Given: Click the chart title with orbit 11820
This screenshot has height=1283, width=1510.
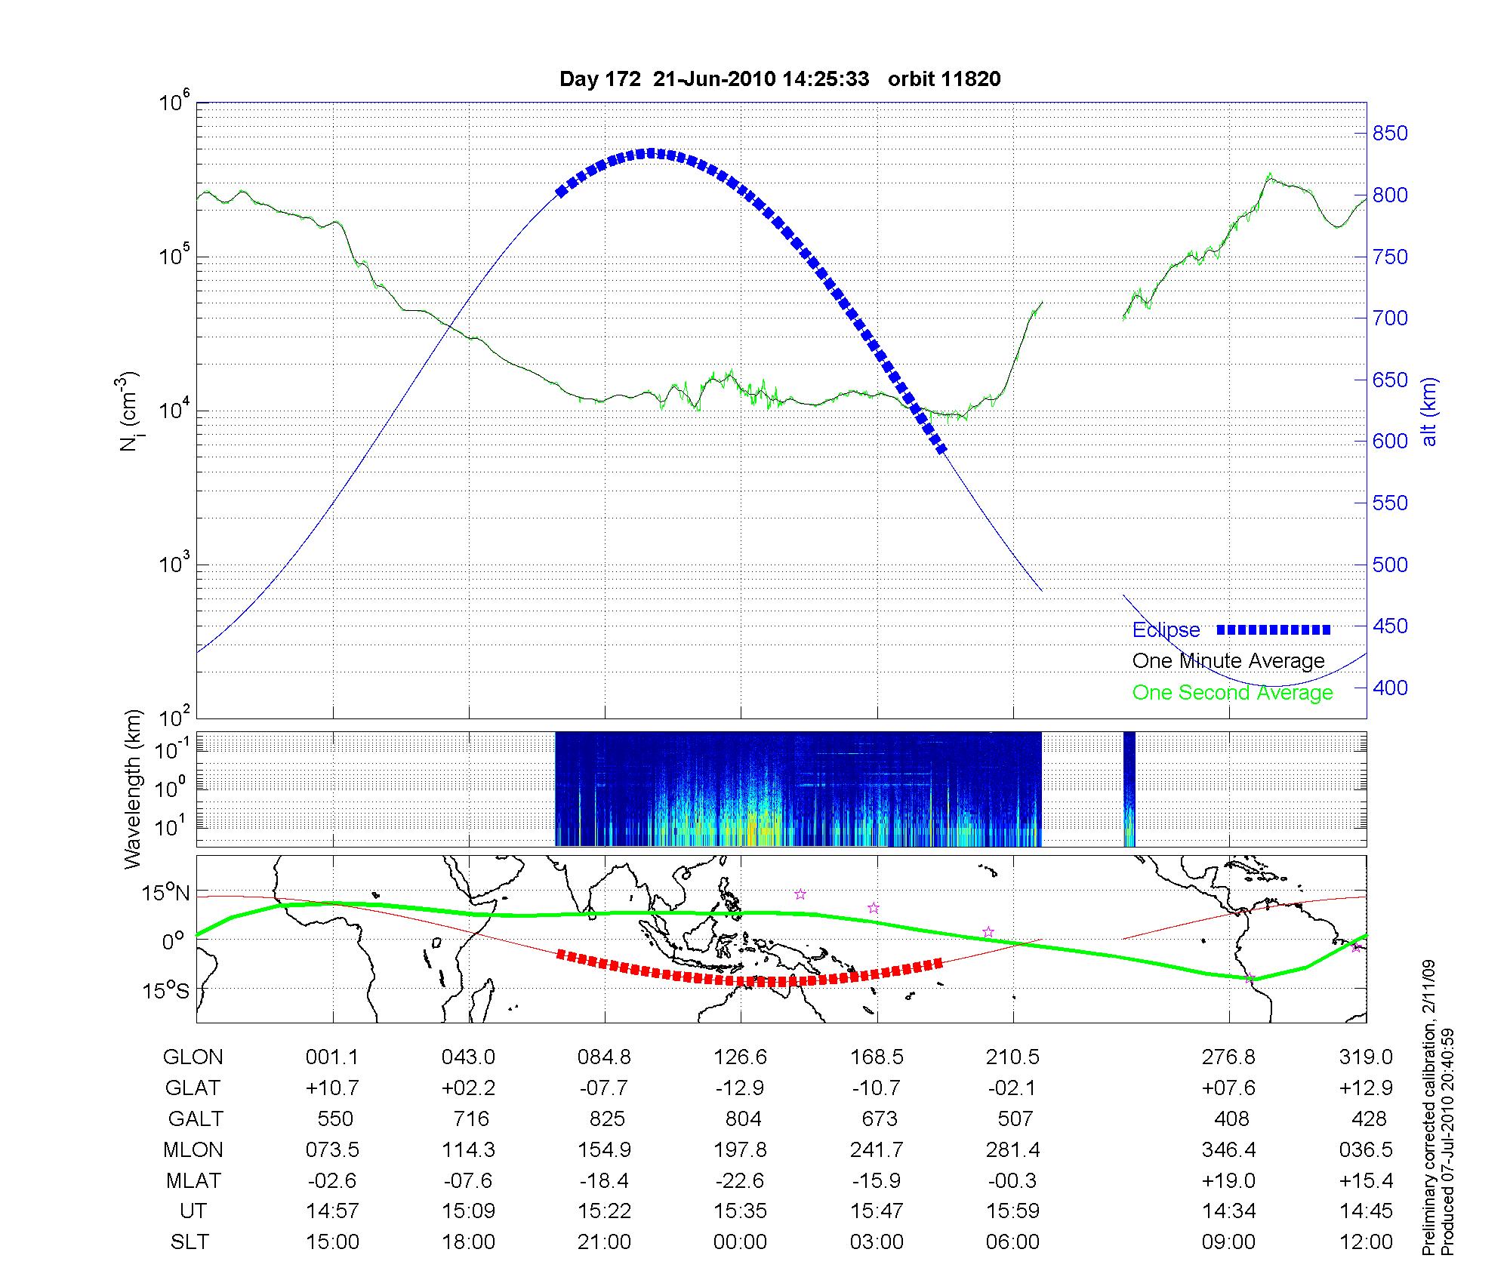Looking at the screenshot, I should click(x=780, y=79).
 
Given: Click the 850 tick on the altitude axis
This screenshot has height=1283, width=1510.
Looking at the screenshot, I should click(x=1389, y=134).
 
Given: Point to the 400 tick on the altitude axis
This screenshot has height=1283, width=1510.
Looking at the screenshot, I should click(x=1389, y=688).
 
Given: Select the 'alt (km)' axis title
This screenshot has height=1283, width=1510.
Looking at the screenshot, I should click(x=1429, y=411).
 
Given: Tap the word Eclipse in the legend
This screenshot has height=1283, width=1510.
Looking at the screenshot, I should click(x=1166, y=629).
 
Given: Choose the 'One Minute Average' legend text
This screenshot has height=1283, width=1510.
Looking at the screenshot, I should click(x=1228, y=661).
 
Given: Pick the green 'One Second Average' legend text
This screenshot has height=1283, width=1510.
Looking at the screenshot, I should click(x=1232, y=693).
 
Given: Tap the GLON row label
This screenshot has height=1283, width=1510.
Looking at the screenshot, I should click(x=193, y=1057).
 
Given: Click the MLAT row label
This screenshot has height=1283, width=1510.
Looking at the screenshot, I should click(x=193, y=1180).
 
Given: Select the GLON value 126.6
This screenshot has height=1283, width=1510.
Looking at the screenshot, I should click(x=740, y=1057).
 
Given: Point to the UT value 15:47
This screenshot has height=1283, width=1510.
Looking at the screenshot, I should click(x=877, y=1211).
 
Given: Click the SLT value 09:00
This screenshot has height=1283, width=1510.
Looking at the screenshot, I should click(x=1228, y=1241).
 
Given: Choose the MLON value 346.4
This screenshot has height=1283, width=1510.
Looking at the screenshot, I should click(x=1228, y=1149).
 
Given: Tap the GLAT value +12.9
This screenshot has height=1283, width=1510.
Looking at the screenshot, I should click(x=1365, y=1088).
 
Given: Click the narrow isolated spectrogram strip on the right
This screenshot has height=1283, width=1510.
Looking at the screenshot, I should click(x=1129, y=789).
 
